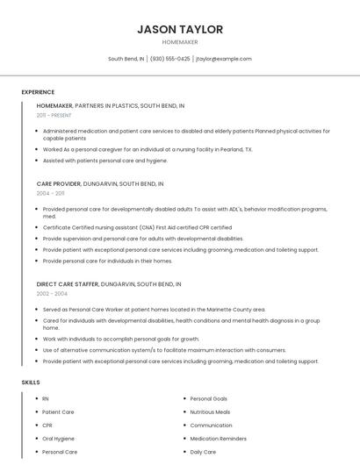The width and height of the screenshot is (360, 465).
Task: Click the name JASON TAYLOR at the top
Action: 180,29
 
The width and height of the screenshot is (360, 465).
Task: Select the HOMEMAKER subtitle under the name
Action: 180,42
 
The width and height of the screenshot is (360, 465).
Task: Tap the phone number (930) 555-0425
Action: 169,59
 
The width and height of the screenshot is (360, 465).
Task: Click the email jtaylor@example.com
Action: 223,59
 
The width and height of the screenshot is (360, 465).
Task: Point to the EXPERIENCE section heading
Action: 38,92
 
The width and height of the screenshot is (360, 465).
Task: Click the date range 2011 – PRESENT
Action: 54,115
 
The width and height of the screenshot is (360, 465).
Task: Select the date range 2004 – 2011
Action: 50,193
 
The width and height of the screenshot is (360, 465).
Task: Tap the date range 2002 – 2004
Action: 52,293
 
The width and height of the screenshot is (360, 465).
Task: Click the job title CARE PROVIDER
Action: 58,184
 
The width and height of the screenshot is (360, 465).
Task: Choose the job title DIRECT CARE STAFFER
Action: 68,284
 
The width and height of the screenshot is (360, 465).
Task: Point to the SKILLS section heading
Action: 31,383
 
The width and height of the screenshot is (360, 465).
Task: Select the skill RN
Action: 46,398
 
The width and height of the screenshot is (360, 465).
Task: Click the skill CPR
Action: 47,425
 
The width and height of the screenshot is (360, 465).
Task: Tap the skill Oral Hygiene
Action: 58,438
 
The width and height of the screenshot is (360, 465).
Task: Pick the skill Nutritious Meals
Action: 210,411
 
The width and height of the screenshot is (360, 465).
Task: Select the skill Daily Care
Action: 203,451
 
